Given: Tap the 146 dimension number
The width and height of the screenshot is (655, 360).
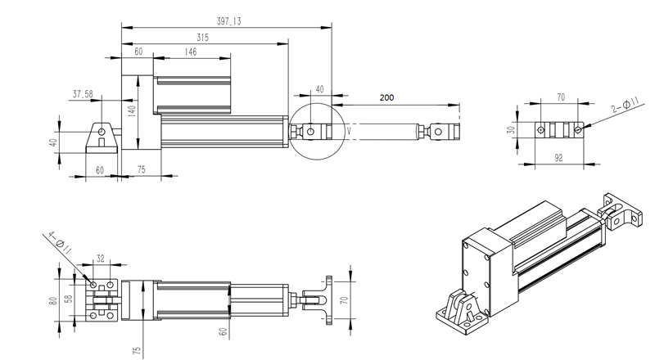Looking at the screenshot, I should pos(190,52).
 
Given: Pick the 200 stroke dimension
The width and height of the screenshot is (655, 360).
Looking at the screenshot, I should pos(387,97).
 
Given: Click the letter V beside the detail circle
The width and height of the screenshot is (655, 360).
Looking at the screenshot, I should pos(349,130).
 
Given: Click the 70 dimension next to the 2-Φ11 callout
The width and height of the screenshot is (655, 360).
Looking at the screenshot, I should pos(561,97).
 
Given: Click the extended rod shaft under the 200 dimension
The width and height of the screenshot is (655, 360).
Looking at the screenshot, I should pos(385,131).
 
